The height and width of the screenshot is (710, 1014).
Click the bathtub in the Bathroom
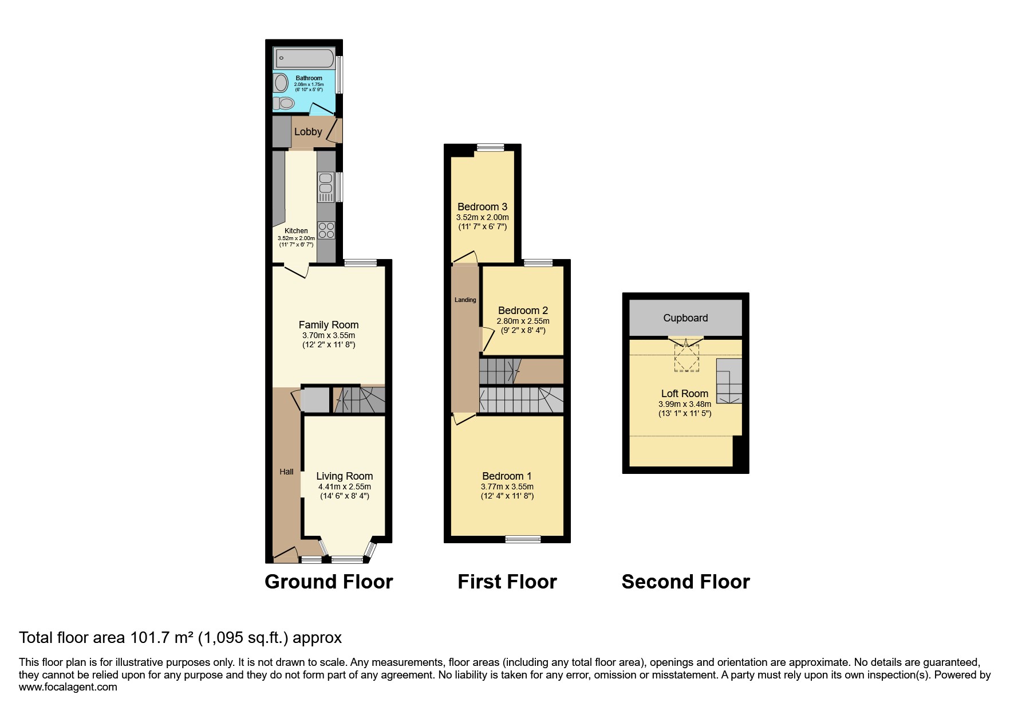coord(305,58)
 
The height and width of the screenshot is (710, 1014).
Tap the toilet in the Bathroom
coord(284,103)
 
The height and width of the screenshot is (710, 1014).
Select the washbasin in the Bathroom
coord(281,83)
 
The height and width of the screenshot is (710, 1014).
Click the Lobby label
coord(308,132)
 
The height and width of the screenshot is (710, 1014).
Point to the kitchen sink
coord(325,183)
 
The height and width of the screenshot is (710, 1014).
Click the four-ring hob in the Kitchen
coord(326,230)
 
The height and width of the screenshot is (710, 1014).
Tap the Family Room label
coord(329,325)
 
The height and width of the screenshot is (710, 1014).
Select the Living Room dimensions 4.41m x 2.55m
coord(345,487)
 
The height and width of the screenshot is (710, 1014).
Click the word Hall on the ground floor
coord(286,472)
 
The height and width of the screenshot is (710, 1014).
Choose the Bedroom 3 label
coord(482,207)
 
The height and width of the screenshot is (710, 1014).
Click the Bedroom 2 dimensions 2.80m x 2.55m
coord(523,321)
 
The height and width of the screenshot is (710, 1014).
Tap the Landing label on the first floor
coord(465,300)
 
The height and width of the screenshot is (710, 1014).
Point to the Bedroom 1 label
coord(507,476)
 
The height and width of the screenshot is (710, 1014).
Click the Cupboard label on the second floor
coord(685,318)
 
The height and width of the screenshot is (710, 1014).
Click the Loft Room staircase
coord(729,381)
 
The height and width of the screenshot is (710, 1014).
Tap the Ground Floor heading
coord(329,582)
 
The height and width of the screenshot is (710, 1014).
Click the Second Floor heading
coord(685,582)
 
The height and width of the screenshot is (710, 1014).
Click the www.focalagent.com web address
coord(68,687)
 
